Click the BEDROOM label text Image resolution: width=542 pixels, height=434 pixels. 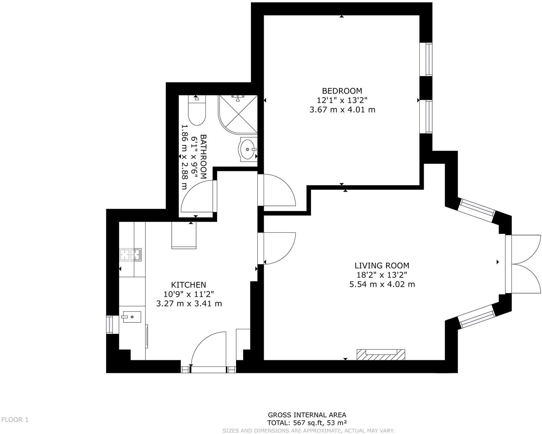coord(342,91)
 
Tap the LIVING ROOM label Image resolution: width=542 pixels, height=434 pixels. coord(382,265)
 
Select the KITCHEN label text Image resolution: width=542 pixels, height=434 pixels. coord(188,285)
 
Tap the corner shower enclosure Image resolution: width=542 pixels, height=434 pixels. coord(237,114)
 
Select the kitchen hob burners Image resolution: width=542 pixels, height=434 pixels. coord(130,255)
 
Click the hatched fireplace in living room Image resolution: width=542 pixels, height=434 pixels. coord(381,355)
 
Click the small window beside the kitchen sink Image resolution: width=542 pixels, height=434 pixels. coord(110,324)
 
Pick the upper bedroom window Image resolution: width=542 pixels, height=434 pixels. coord(426,59)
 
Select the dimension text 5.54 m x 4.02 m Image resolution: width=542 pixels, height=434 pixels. coord(382,284)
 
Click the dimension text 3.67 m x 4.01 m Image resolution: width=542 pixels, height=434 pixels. coord(342,110)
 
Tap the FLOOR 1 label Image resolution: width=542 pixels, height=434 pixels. coord(15,420)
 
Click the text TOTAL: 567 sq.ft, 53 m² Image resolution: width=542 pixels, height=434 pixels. coord(307,423)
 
